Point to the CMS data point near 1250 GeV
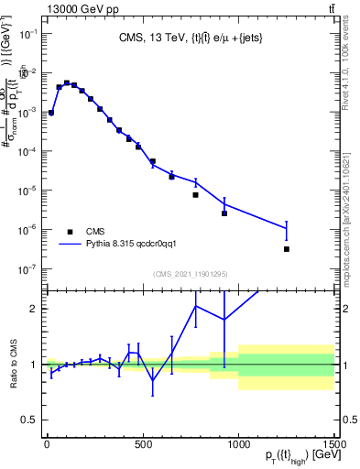(x=287, y=249)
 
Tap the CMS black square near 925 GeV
(x=224, y=213)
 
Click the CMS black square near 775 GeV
(x=196, y=195)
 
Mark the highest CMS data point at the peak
(x=66, y=83)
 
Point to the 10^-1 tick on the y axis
(x=29, y=33)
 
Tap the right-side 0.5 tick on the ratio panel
(x=348, y=420)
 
